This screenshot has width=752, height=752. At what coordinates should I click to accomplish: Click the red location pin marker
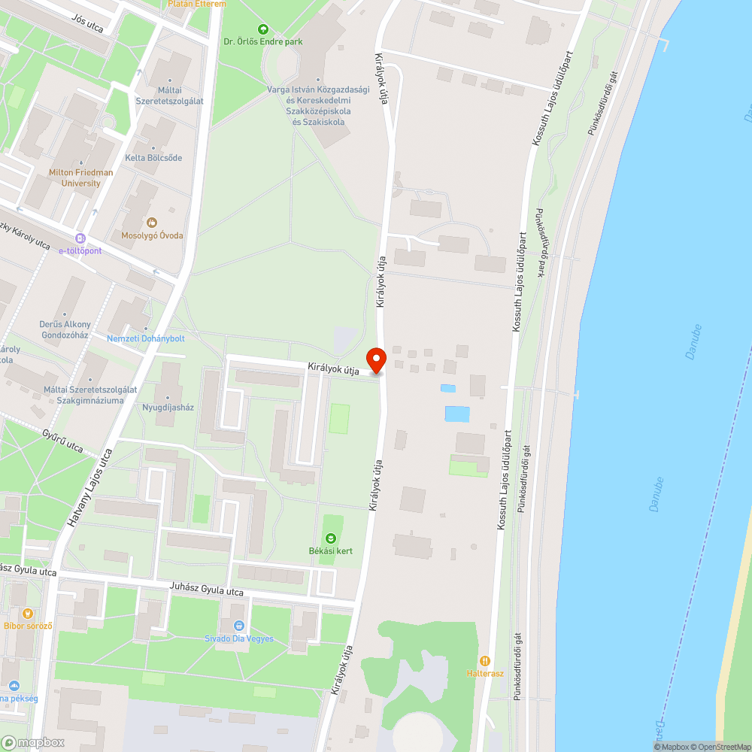pos(376,359)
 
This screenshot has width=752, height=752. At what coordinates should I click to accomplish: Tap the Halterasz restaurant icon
pos(485,660)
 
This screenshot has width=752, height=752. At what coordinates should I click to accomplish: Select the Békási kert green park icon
pos(331,538)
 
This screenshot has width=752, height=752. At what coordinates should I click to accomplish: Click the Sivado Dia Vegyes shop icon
pos(239,626)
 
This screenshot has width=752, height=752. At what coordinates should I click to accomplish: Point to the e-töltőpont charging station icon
pos(80,238)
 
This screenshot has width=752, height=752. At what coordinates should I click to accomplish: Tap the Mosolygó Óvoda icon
pos(153,223)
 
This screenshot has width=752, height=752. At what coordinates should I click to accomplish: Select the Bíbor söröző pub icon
pos(29,614)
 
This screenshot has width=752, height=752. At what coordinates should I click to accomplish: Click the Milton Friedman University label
pos(81,177)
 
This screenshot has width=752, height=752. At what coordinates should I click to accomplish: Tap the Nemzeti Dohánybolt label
pos(146,338)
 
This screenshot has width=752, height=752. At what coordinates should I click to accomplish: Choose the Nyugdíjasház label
pos(168,408)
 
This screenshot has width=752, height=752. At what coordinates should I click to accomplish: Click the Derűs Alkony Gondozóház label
pos(65,329)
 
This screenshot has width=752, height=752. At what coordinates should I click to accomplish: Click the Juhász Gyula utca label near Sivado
pos(208,592)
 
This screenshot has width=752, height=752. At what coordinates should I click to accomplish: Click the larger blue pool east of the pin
pos(457,414)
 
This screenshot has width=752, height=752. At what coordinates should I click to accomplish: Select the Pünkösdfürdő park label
pos(540,243)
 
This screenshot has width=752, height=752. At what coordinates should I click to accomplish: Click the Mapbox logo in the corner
pos(34,742)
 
